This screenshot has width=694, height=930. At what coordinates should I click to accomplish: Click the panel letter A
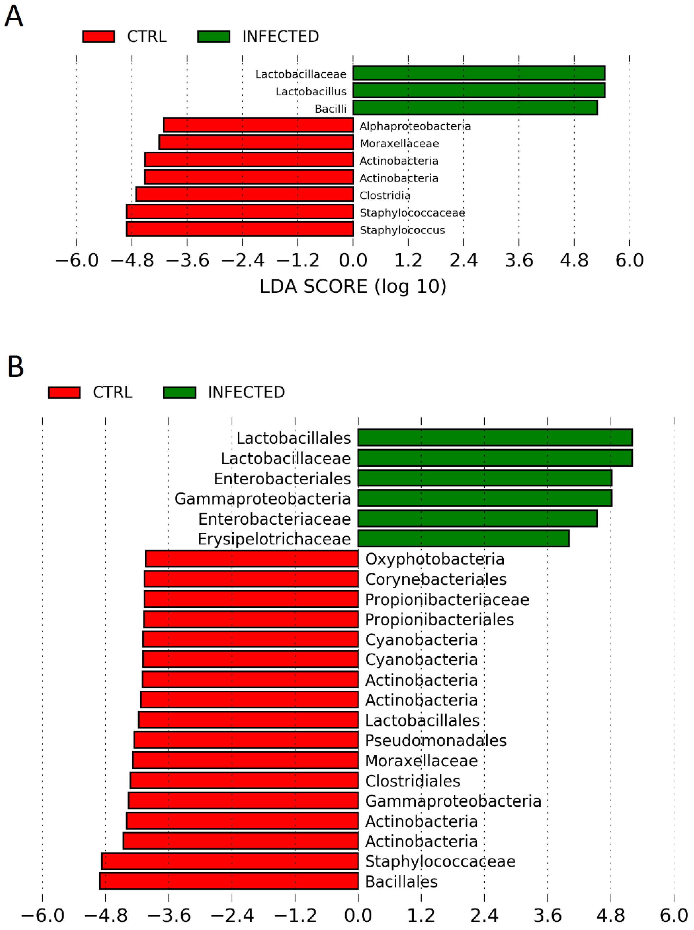click(x=14, y=17)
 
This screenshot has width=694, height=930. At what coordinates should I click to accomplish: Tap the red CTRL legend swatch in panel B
click(x=64, y=392)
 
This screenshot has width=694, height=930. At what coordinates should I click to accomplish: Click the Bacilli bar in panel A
click(x=475, y=108)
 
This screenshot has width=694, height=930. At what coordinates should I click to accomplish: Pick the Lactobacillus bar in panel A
click(x=478, y=90)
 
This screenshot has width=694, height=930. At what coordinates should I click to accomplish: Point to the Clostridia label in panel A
click(x=385, y=195)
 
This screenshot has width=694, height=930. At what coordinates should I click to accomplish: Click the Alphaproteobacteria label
click(x=415, y=126)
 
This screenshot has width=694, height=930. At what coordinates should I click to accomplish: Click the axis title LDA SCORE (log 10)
click(x=353, y=286)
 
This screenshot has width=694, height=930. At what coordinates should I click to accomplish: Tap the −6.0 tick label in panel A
click(x=77, y=261)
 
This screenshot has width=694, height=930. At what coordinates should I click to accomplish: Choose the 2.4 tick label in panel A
click(x=463, y=261)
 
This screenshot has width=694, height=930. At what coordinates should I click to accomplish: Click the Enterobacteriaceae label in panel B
click(x=274, y=519)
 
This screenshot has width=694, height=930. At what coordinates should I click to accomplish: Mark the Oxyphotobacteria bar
click(x=252, y=559)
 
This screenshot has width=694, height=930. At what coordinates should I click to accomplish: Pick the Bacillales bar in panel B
click(x=229, y=881)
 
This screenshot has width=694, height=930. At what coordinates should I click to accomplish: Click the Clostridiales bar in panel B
click(x=244, y=780)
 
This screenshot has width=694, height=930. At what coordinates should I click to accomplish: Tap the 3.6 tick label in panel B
click(x=548, y=916)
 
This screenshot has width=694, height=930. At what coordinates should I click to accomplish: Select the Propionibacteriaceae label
click(x=447, y=599)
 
